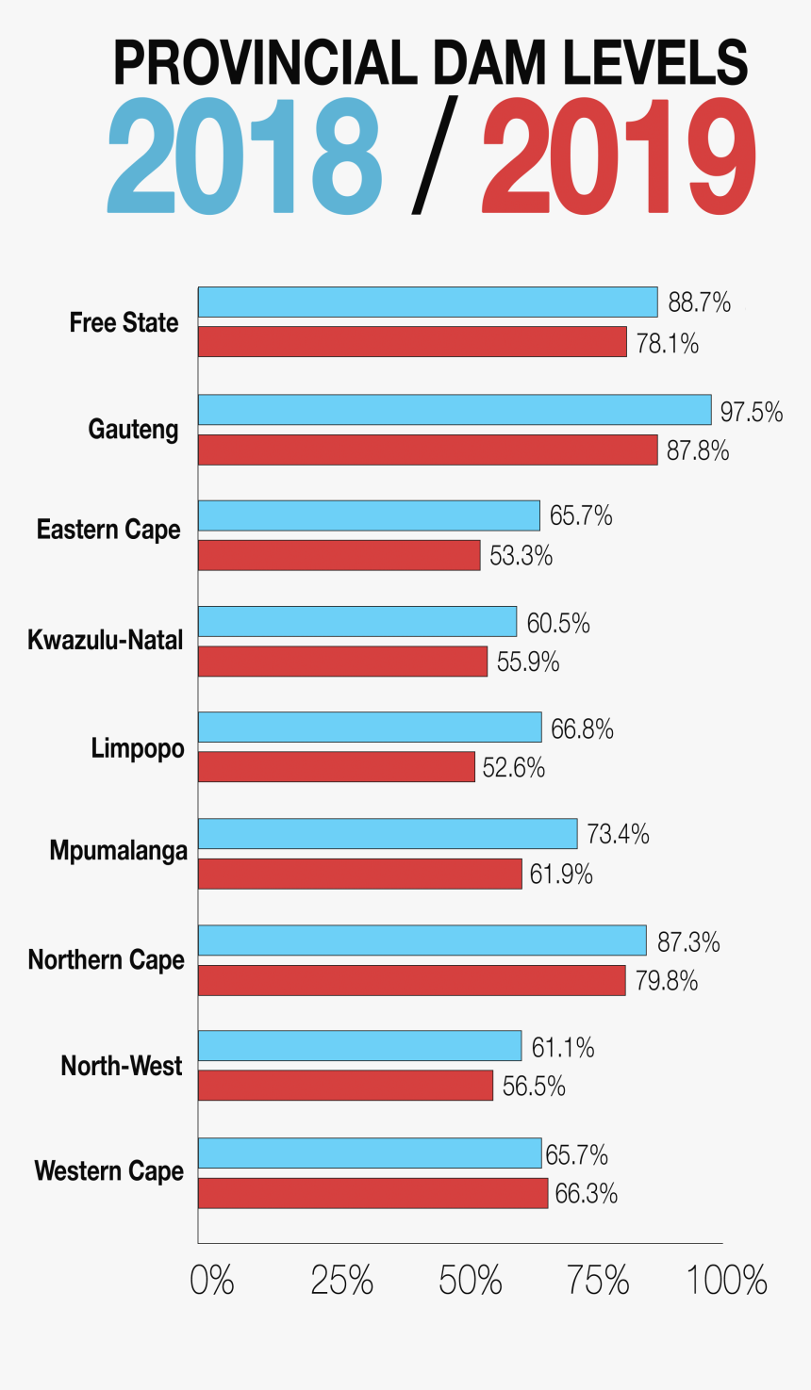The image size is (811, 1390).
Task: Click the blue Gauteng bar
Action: pos(455,410)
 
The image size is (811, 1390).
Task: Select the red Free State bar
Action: pos(412,342)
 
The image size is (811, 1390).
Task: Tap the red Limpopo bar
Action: pos(336,767)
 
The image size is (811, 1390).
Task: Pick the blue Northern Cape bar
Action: pos(422,940)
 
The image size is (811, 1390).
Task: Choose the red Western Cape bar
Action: pos(372,1193)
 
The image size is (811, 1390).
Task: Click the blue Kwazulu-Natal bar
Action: pos(357,622)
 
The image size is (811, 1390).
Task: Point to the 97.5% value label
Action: pos(752,412)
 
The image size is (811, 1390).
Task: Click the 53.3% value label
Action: pos(521,556)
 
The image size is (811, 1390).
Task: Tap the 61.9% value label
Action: pos(561,875)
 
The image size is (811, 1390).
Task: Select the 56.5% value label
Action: pos(534,1087)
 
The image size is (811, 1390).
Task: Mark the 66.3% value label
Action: pos(587,1194)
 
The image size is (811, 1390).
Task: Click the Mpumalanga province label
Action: pos(119,852)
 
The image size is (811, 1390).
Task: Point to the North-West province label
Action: pos(122,1066)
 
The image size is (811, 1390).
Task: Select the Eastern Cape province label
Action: pos(108,530)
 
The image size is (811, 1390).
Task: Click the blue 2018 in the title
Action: pos(244,156)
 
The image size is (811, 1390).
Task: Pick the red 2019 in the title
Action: pos(619,156)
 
